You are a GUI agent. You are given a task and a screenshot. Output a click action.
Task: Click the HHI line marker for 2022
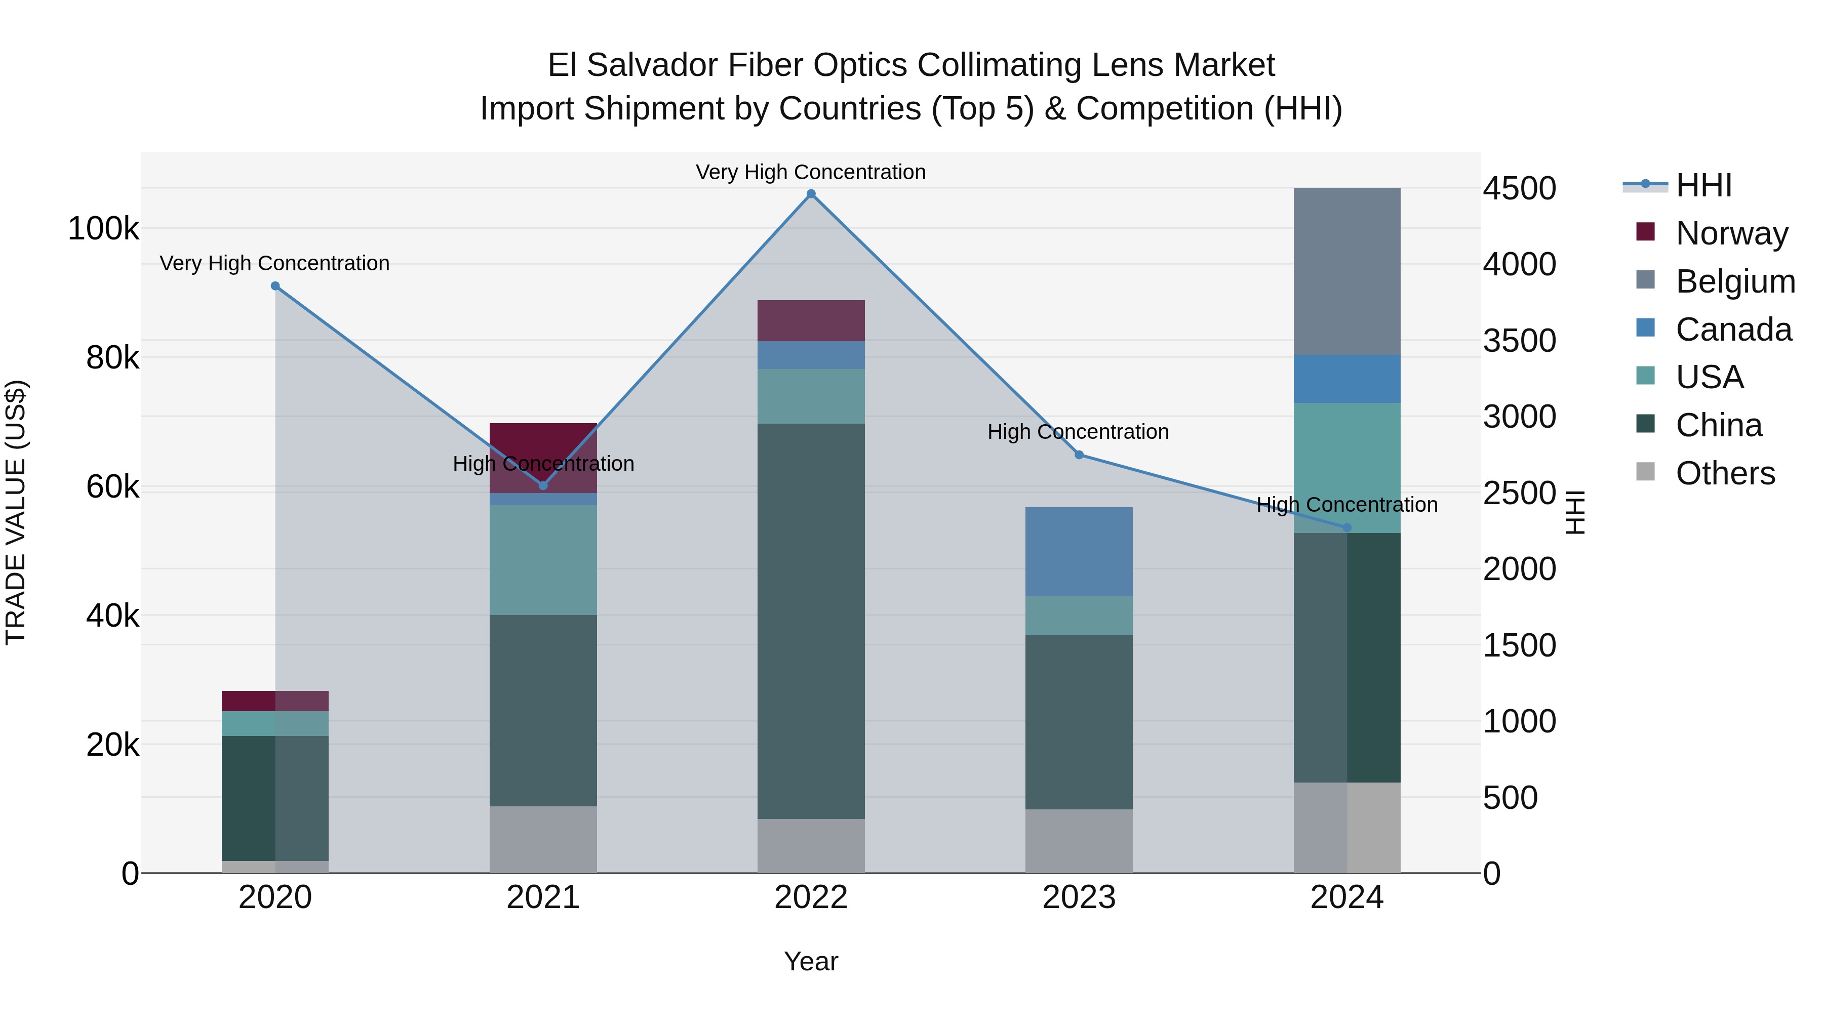[811, 194]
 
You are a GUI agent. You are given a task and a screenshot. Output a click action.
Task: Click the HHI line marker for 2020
[275, 286]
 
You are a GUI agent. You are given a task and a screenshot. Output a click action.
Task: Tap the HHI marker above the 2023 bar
[1079, 455]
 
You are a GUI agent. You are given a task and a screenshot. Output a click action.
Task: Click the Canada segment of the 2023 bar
[1079, 551]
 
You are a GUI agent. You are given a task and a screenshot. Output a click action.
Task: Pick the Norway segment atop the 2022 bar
[811, 320]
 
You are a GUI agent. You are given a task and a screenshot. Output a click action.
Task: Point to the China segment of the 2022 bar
[811, 621]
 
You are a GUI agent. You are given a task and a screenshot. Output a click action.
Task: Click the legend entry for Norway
[1731, 233]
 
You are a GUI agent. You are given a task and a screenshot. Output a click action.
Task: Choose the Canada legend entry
[1733, 330]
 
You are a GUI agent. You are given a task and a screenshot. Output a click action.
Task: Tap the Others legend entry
[1725, 473]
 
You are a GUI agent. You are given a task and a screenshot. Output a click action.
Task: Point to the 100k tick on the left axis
[103, 229]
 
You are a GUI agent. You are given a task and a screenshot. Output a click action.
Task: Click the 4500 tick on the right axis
[1519, 189]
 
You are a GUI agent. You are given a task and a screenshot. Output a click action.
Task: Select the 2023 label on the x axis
[1079, 897]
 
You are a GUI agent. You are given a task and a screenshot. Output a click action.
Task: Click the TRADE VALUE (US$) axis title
[16, 512]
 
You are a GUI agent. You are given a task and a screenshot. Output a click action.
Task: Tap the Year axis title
[811, 961]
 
